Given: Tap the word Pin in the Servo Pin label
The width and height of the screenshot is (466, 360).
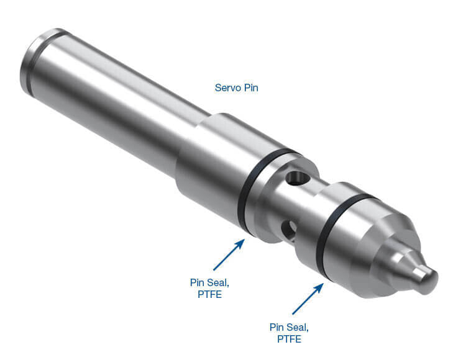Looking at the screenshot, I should tap(250, 88).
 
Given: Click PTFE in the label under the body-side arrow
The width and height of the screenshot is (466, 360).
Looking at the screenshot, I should tap(209, 294).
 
